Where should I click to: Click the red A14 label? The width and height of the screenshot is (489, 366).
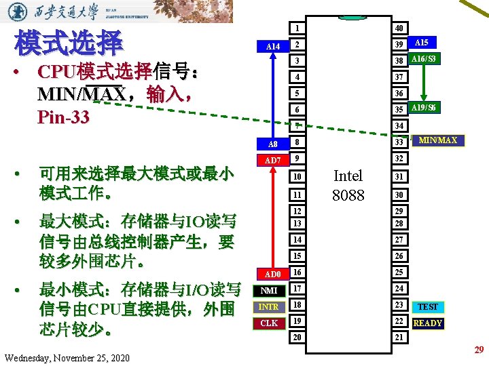[273, 46]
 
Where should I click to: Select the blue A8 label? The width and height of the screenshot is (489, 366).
[272, 144]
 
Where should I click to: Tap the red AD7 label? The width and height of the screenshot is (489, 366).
[272, 161]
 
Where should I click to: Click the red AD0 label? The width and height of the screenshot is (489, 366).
[272, 274]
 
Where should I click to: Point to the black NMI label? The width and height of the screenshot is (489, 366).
[270, 290]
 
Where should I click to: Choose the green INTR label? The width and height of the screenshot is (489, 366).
[270, 307]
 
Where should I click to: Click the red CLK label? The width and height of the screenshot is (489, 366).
[270, 323]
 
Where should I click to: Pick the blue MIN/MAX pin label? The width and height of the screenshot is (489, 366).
[438, 140]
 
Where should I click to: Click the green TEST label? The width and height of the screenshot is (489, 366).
[428, 307]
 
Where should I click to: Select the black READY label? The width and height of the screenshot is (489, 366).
[428, 323]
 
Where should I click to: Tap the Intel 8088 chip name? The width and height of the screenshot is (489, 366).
[348, 186]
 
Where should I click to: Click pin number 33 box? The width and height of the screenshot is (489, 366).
[400, 142]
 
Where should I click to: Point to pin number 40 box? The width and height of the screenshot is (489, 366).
[400, 28]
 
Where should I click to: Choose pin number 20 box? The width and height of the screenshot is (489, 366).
[297, 338]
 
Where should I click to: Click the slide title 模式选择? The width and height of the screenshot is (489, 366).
[68, 43]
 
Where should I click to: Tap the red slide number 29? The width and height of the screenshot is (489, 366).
[478, 350]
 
